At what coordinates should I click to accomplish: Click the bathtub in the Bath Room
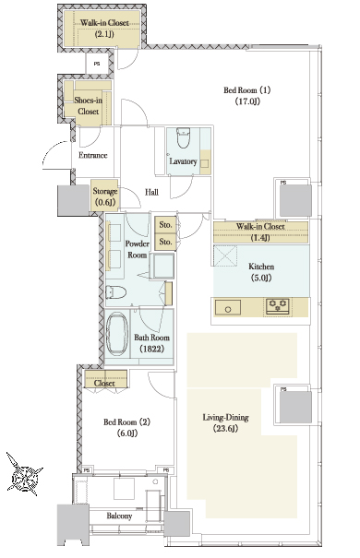coord(117,334)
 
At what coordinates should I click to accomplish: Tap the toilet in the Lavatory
coord(184,139)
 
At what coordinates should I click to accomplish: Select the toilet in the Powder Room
coord(116,292)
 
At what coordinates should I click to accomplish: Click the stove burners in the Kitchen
coord(278,306)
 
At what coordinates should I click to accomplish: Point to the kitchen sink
coord(227,307)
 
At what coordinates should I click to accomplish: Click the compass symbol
coord(23,474)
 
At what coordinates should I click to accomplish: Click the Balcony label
coord(119,516)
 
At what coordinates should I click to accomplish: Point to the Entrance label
coord(92,155)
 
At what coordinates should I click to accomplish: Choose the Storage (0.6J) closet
coord(104,196)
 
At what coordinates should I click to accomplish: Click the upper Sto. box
coord(165,224)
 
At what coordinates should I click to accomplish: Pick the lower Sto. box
coord(165,242)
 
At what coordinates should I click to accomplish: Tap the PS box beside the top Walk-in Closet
coord(97,64)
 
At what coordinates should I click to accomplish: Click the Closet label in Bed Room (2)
coord(104,383)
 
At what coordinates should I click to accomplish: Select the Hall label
coord(151,192)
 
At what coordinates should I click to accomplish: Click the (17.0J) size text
coord(247,101)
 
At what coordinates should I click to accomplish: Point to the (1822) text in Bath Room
coord(152,349)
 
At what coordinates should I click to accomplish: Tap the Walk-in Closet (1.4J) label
coord(260,232)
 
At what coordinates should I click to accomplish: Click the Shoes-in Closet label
coord(88,106)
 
